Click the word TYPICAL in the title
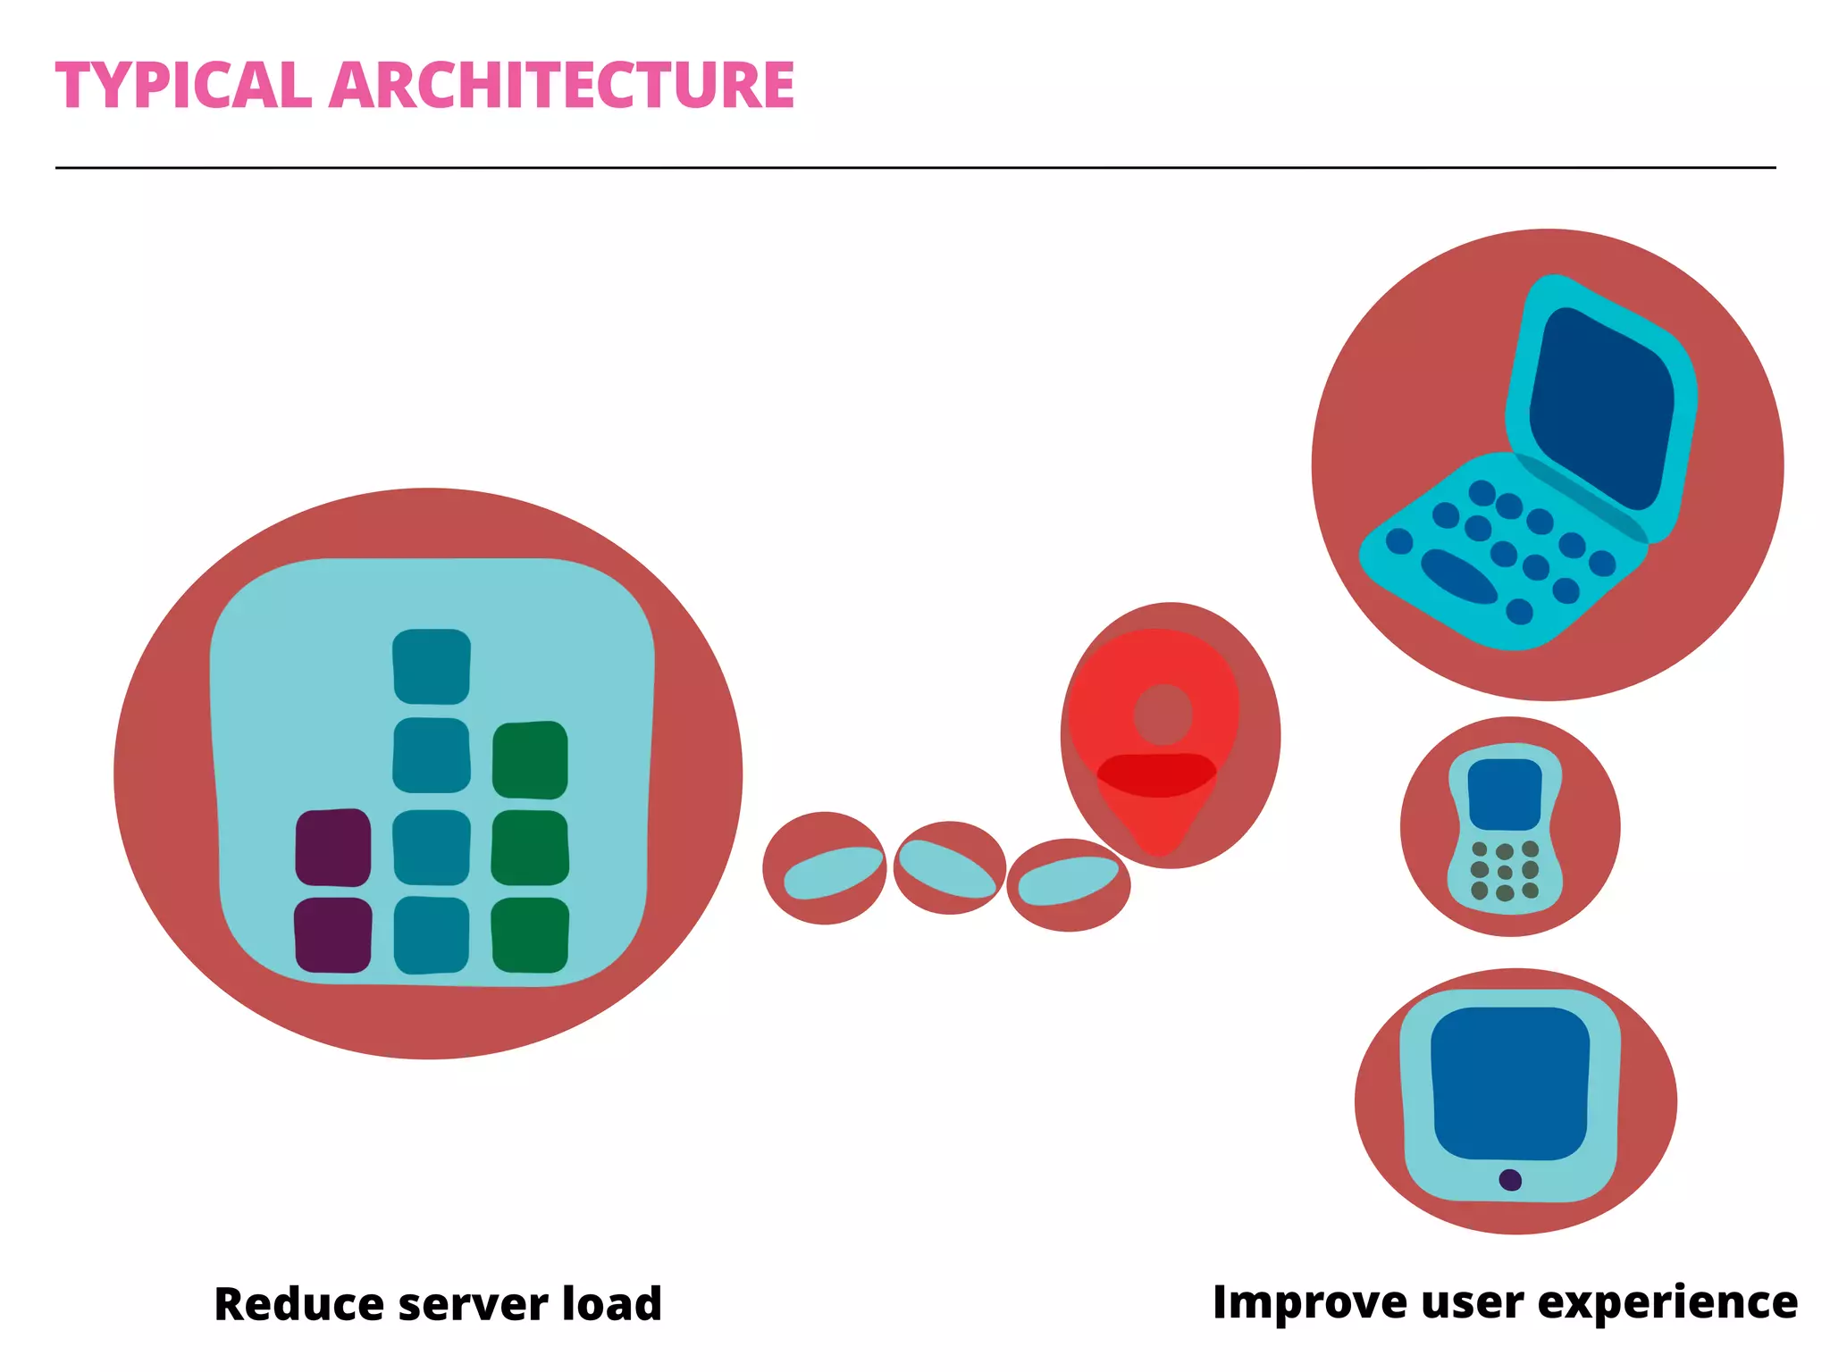pyautogui.click(x=183, y=86)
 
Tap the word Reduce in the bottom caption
pyautogui.click(x=298, y=1304)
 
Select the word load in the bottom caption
pyautogui.click(x=612, y=1304)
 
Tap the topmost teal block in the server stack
pyautogui.click(x=432, y=666)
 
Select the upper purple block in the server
pyautogui.click(x=333, y=847)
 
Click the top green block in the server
pyautogui.click(x=530, y=759)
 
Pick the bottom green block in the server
pyautogui.click(x=530, y=935)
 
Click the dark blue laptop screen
pyautogui.click(x=1601, y=406)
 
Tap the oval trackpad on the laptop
pyautogui.click(x=1458, y=576)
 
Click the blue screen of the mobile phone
pyautogui.click(x=1505, y=794)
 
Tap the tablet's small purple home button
pyautogui.click(x=1510, y=1180)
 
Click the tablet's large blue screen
pyautogui.click(x=1510, y=1083)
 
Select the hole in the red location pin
pyautogui.click(x=1163, y=715)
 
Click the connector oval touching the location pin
pyautogui.click(x=1068, y=883)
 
